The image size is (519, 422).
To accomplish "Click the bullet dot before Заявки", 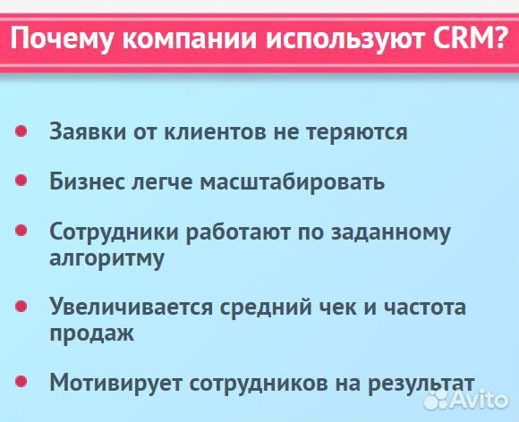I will [x=21, y=131].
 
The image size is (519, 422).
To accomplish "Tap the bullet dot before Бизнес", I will [x=21, y=181].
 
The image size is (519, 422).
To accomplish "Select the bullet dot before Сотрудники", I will [x=21, y=232].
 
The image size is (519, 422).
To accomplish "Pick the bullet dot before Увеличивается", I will [x=21, y=307].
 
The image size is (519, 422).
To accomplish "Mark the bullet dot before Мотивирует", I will [x=21, y=382].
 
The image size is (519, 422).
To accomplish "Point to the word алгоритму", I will [x=107, y=259].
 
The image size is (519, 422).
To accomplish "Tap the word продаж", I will [x=92, y=334].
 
